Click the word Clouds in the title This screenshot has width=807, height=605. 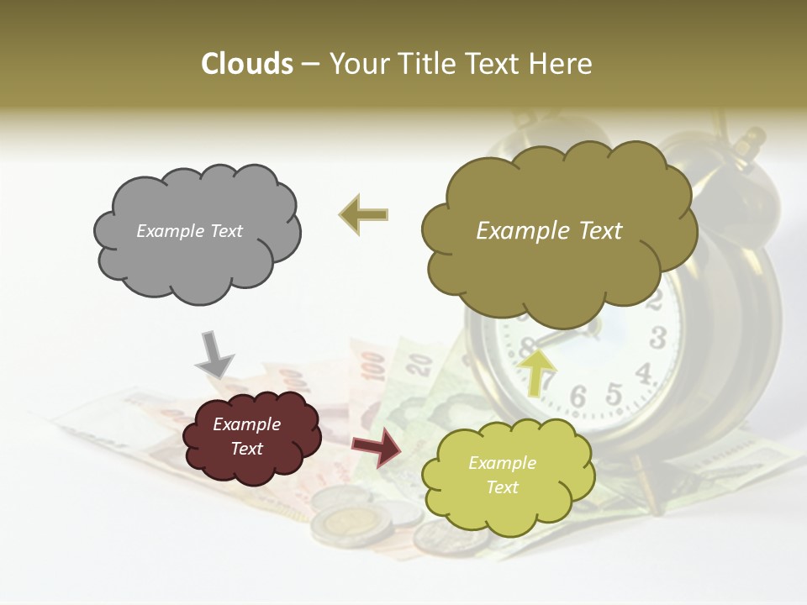click(x=247, y=64)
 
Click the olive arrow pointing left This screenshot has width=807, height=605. click(x=364, y=214)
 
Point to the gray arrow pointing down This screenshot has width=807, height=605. click(x=214, y=353)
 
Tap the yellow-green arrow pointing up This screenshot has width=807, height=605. click(x=537, y=370)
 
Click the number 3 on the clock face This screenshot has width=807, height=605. click(x=657, y=338)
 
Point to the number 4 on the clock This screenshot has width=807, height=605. click(x=644, y=371)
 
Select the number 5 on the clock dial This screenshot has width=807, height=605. click(x=614, y=392)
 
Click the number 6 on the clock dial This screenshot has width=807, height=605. click(x=578, y=395)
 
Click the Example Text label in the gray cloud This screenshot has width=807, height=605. click(x=190, y=231)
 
